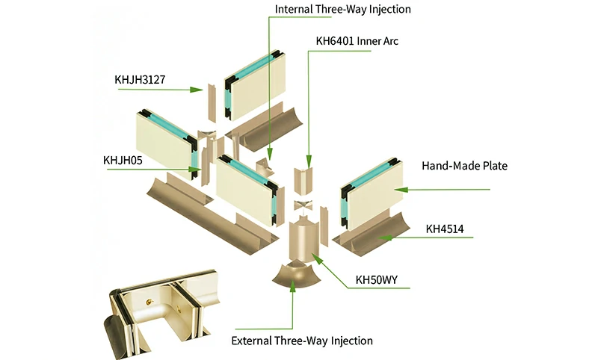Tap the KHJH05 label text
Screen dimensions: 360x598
126,158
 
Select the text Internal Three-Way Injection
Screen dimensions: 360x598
343,10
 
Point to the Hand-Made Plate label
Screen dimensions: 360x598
464,166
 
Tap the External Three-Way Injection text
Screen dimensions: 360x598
302,341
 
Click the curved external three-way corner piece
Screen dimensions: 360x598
294,278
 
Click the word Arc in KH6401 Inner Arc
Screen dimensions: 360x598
389,41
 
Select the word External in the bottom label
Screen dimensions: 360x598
254,341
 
